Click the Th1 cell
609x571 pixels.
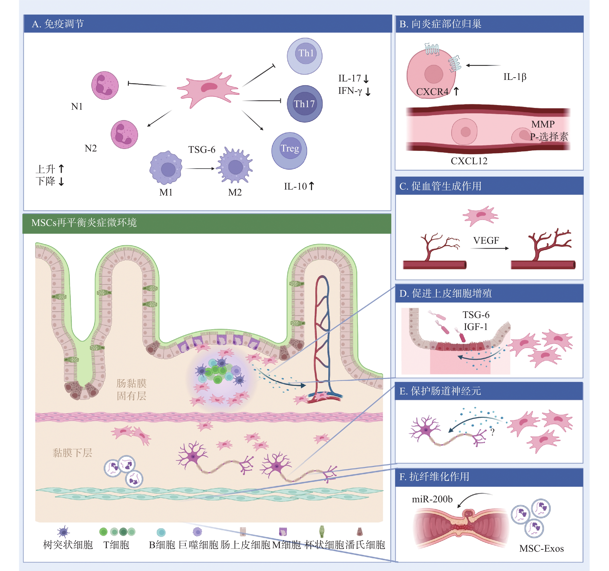click(x=304, y=56)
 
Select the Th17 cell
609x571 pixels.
click(x=304, y=104)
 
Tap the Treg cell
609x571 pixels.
click(x=289, y=150)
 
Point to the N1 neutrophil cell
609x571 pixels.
click(x=105, y=85)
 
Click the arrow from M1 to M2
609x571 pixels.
click(x=200, y=168)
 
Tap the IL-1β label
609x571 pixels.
click(x=515, y=77)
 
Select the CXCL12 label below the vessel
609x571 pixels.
click(x=469, y=161)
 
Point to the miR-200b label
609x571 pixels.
click(x=432, y=499)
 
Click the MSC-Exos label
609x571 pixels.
click(x=541, y=548)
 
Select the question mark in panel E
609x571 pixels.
click(x=492, y=432)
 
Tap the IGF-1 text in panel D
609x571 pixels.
click(x=475, y=327)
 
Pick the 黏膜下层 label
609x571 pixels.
click(x=72, y=453)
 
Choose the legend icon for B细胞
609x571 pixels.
click(x=161, y=532)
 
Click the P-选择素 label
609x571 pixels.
click(x=549, y=136)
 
